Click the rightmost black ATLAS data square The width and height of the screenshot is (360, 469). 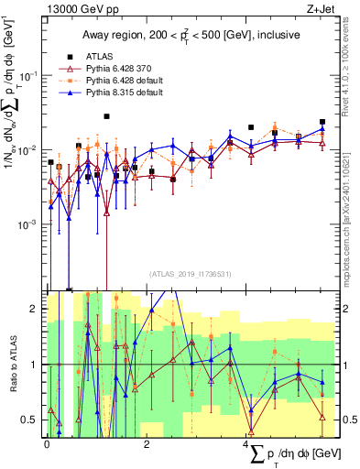click(322, 122)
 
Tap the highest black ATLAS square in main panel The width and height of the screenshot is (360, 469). click(107, 117)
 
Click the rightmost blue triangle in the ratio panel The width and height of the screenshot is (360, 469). click(322, 381)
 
